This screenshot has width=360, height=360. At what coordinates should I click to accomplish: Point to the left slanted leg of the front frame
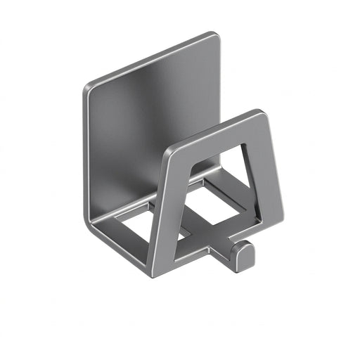165,211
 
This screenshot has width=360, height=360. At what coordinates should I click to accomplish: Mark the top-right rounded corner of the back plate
212,37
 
